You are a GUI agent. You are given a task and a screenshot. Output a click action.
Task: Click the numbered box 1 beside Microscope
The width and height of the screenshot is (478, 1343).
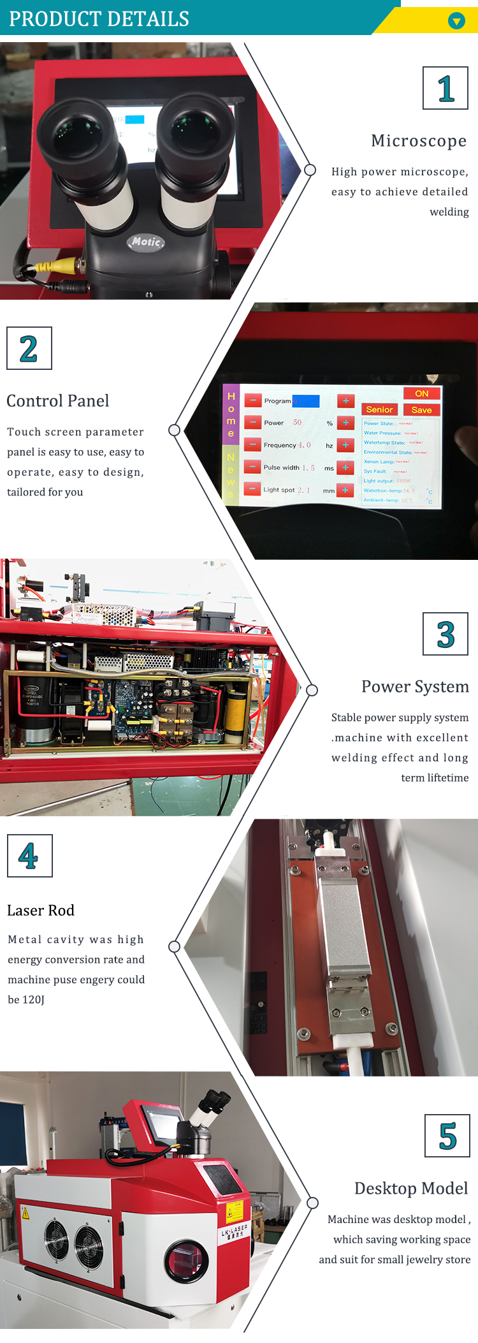pyautogui.click(x=445, y=89)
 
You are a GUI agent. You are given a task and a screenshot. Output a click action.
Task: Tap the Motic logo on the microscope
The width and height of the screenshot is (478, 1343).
pyautogui.click(x=147, y=242)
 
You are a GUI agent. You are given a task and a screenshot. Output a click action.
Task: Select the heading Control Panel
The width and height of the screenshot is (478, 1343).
pyautogui.click(x=58, y=400)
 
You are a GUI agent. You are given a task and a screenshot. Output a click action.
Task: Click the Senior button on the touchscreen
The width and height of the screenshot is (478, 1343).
pyautogui.click(x=379, y=409)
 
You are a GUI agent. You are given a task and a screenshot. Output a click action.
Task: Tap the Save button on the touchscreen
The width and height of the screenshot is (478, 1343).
pyautogui.click(x=421, y=410)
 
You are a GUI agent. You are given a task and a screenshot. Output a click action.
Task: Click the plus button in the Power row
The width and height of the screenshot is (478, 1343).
pyautogui.click(x=345, y=423)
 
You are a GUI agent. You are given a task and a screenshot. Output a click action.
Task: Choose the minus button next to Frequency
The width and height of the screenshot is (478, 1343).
pyautogui.click(x=253, y=444)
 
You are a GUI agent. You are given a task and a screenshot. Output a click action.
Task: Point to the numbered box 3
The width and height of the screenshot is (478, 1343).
pyautogui.click(x=445, y=634)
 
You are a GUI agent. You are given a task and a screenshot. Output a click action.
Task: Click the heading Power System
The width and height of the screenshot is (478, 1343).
pyautogui.click(x=415, y=686)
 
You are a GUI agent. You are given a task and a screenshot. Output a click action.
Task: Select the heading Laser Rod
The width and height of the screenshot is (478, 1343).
pyautogui.click(x=41, y=910)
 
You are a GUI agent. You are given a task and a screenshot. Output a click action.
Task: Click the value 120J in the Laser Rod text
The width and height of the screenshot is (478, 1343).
pyautogui.click(x=34, y=999)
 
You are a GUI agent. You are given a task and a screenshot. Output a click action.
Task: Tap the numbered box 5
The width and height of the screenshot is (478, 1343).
pyautogui.click(x=447, y=1136)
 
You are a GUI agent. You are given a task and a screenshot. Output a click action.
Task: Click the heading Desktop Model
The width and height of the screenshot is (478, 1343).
pyautogui.click(x=411, y=1188)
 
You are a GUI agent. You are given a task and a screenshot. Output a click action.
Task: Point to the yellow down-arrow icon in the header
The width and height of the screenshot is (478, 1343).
pyautogui.click(x=456, y=21)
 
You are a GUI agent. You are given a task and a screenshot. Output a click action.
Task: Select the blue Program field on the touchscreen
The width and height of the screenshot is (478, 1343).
pyautogui.click(x=306, y=401)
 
